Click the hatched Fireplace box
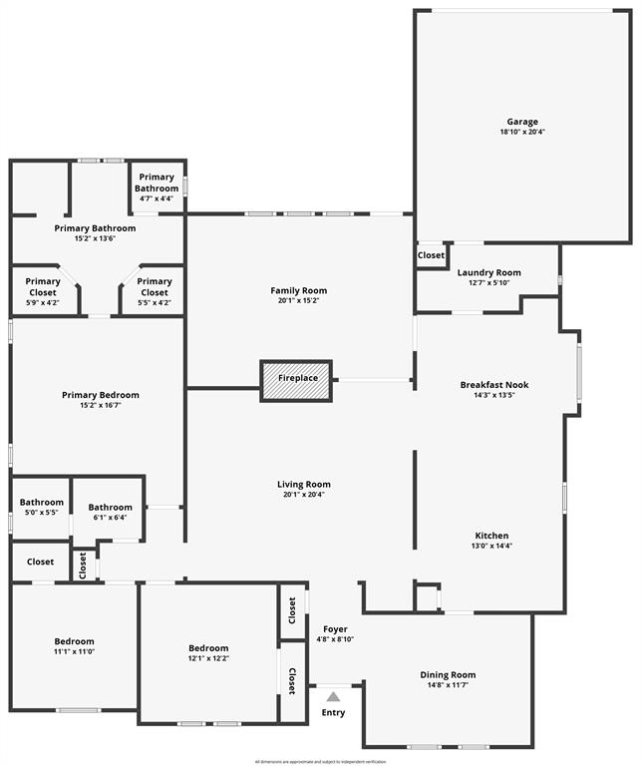(297, 380)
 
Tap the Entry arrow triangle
(333, 696)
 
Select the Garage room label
(522, 122)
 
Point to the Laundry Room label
(488, 272)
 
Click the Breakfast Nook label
(494, 385)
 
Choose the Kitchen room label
(491, 536)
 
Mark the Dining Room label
(448, 675)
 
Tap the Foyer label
(335, 629)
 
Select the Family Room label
(298, 291)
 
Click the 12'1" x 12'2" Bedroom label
(208, 648)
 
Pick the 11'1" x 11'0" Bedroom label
(74, 641)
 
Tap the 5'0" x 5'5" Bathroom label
(41, 503)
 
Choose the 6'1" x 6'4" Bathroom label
(110, 508)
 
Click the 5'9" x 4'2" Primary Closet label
(43, 281)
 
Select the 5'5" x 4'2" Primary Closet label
(155, 281)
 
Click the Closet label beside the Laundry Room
(431, 255)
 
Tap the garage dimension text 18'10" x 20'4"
(522, 132)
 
